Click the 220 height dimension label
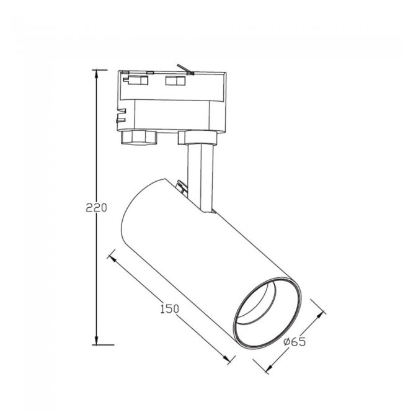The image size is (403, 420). pos(96,208)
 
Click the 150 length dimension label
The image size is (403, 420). pos(169,309)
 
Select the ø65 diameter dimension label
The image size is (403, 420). pos(294,342)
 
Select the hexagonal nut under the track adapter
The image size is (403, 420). pos(138,138)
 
